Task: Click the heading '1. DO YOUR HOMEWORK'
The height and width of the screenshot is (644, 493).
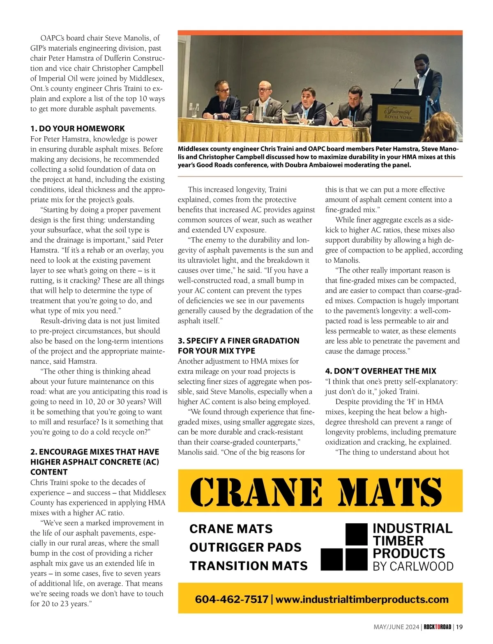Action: coord(77,128)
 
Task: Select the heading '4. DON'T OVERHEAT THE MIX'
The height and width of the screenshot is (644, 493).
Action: coord(380,371)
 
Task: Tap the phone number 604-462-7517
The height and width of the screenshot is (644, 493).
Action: coord(231,599)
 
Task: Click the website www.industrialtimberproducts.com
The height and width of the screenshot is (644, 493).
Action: coord(362,599)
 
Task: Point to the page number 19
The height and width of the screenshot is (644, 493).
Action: coord(459,627)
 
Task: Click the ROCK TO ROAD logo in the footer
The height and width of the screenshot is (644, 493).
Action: coord(437,627)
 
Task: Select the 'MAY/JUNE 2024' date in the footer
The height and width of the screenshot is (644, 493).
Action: coord(396,627)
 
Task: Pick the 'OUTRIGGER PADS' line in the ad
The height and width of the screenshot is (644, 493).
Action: coord(245,547)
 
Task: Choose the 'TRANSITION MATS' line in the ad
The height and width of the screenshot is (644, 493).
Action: coord(248,566)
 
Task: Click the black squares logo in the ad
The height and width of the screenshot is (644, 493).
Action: coord(343,547)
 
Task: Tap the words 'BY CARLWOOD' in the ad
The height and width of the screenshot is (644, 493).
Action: coord(413,566)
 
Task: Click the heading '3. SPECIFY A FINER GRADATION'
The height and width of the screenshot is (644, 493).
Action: coord(238,341)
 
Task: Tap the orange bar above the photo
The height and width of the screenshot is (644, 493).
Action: coord(320,33)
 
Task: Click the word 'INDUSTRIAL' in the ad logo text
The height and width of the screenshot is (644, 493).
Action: coord(412,528)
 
